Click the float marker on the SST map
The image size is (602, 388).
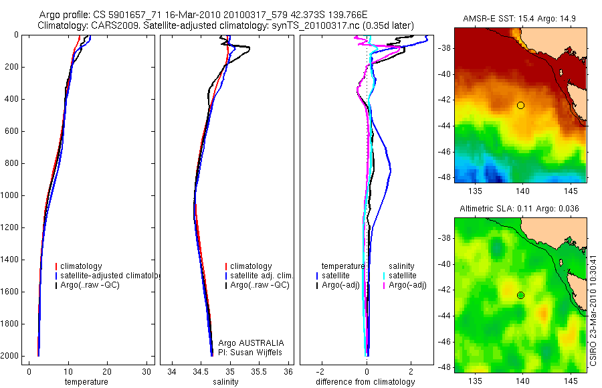520,105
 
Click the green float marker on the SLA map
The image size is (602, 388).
520,295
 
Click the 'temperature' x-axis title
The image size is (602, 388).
86,382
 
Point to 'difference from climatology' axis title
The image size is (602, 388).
365,382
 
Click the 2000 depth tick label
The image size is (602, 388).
9,356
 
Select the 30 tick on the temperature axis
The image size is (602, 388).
146,371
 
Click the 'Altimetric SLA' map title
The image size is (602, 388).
520,209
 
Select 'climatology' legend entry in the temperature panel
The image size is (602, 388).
81,266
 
